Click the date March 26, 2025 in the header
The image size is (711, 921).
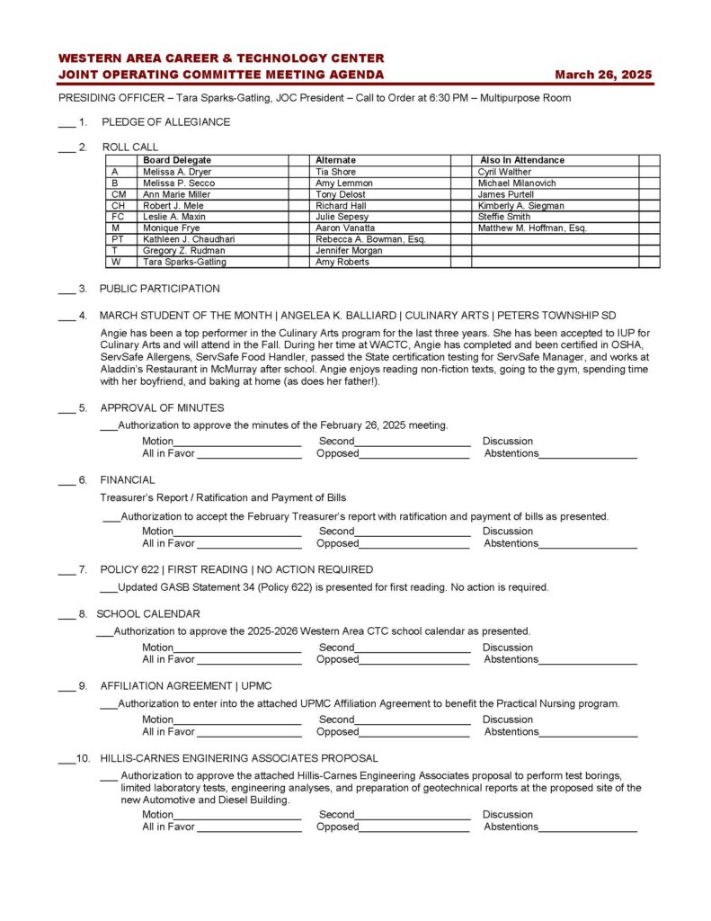(x=603, y=75)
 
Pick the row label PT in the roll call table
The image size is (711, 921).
(x=118, y=239)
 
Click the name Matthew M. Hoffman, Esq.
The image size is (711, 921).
(x=532, y=228)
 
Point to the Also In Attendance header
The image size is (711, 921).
(x=522, y=160)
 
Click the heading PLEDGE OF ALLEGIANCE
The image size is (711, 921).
(x=165, y=122)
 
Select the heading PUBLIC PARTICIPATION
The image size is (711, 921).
(x=159, y=289)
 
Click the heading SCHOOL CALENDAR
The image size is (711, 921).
(x=148, y=613)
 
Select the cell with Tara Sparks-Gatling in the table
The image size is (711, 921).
(x=184, y=263)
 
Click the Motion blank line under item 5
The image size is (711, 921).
(x=237, y=443)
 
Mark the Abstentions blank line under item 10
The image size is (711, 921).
(x=588, y=828)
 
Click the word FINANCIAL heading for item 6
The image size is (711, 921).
(x=128, y=479)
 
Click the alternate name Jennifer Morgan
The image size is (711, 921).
(x=348, y=251)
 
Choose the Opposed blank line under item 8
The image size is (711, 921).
(x=413, y=661)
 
